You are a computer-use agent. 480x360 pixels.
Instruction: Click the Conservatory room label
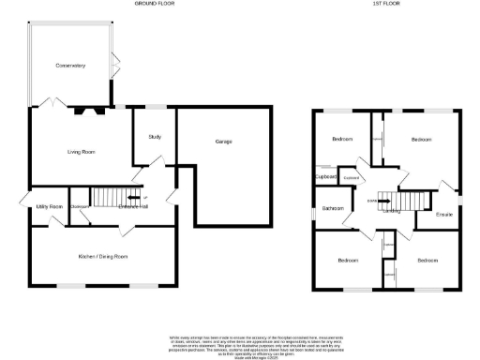pyautogui.click(x=70, y=66)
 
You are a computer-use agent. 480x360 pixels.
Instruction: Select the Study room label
pyautogui.click(x=155, y=138)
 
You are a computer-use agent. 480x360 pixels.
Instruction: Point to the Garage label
pyautogui.click(x=222, y=142)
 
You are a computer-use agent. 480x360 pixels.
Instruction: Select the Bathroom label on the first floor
pyautogui.click(x=333, y=208)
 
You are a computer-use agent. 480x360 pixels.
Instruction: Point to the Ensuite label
pyautogui.click(x=444, y=215)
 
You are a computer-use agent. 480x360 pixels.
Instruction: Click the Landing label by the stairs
pyautogui.click(x=392, y=211)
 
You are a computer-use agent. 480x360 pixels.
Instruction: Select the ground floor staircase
pyautogui.click(x=116, y=197)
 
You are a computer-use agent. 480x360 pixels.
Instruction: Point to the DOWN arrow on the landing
pyautogui.click(x=372, y=201)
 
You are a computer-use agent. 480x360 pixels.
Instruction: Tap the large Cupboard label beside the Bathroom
pyautogui.click(x=325, y=175)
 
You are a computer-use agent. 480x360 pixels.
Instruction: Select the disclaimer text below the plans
pyautogui.click(x=239, y=342)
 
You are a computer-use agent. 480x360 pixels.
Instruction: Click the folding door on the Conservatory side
pyautogui.click(x=116, y=67)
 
